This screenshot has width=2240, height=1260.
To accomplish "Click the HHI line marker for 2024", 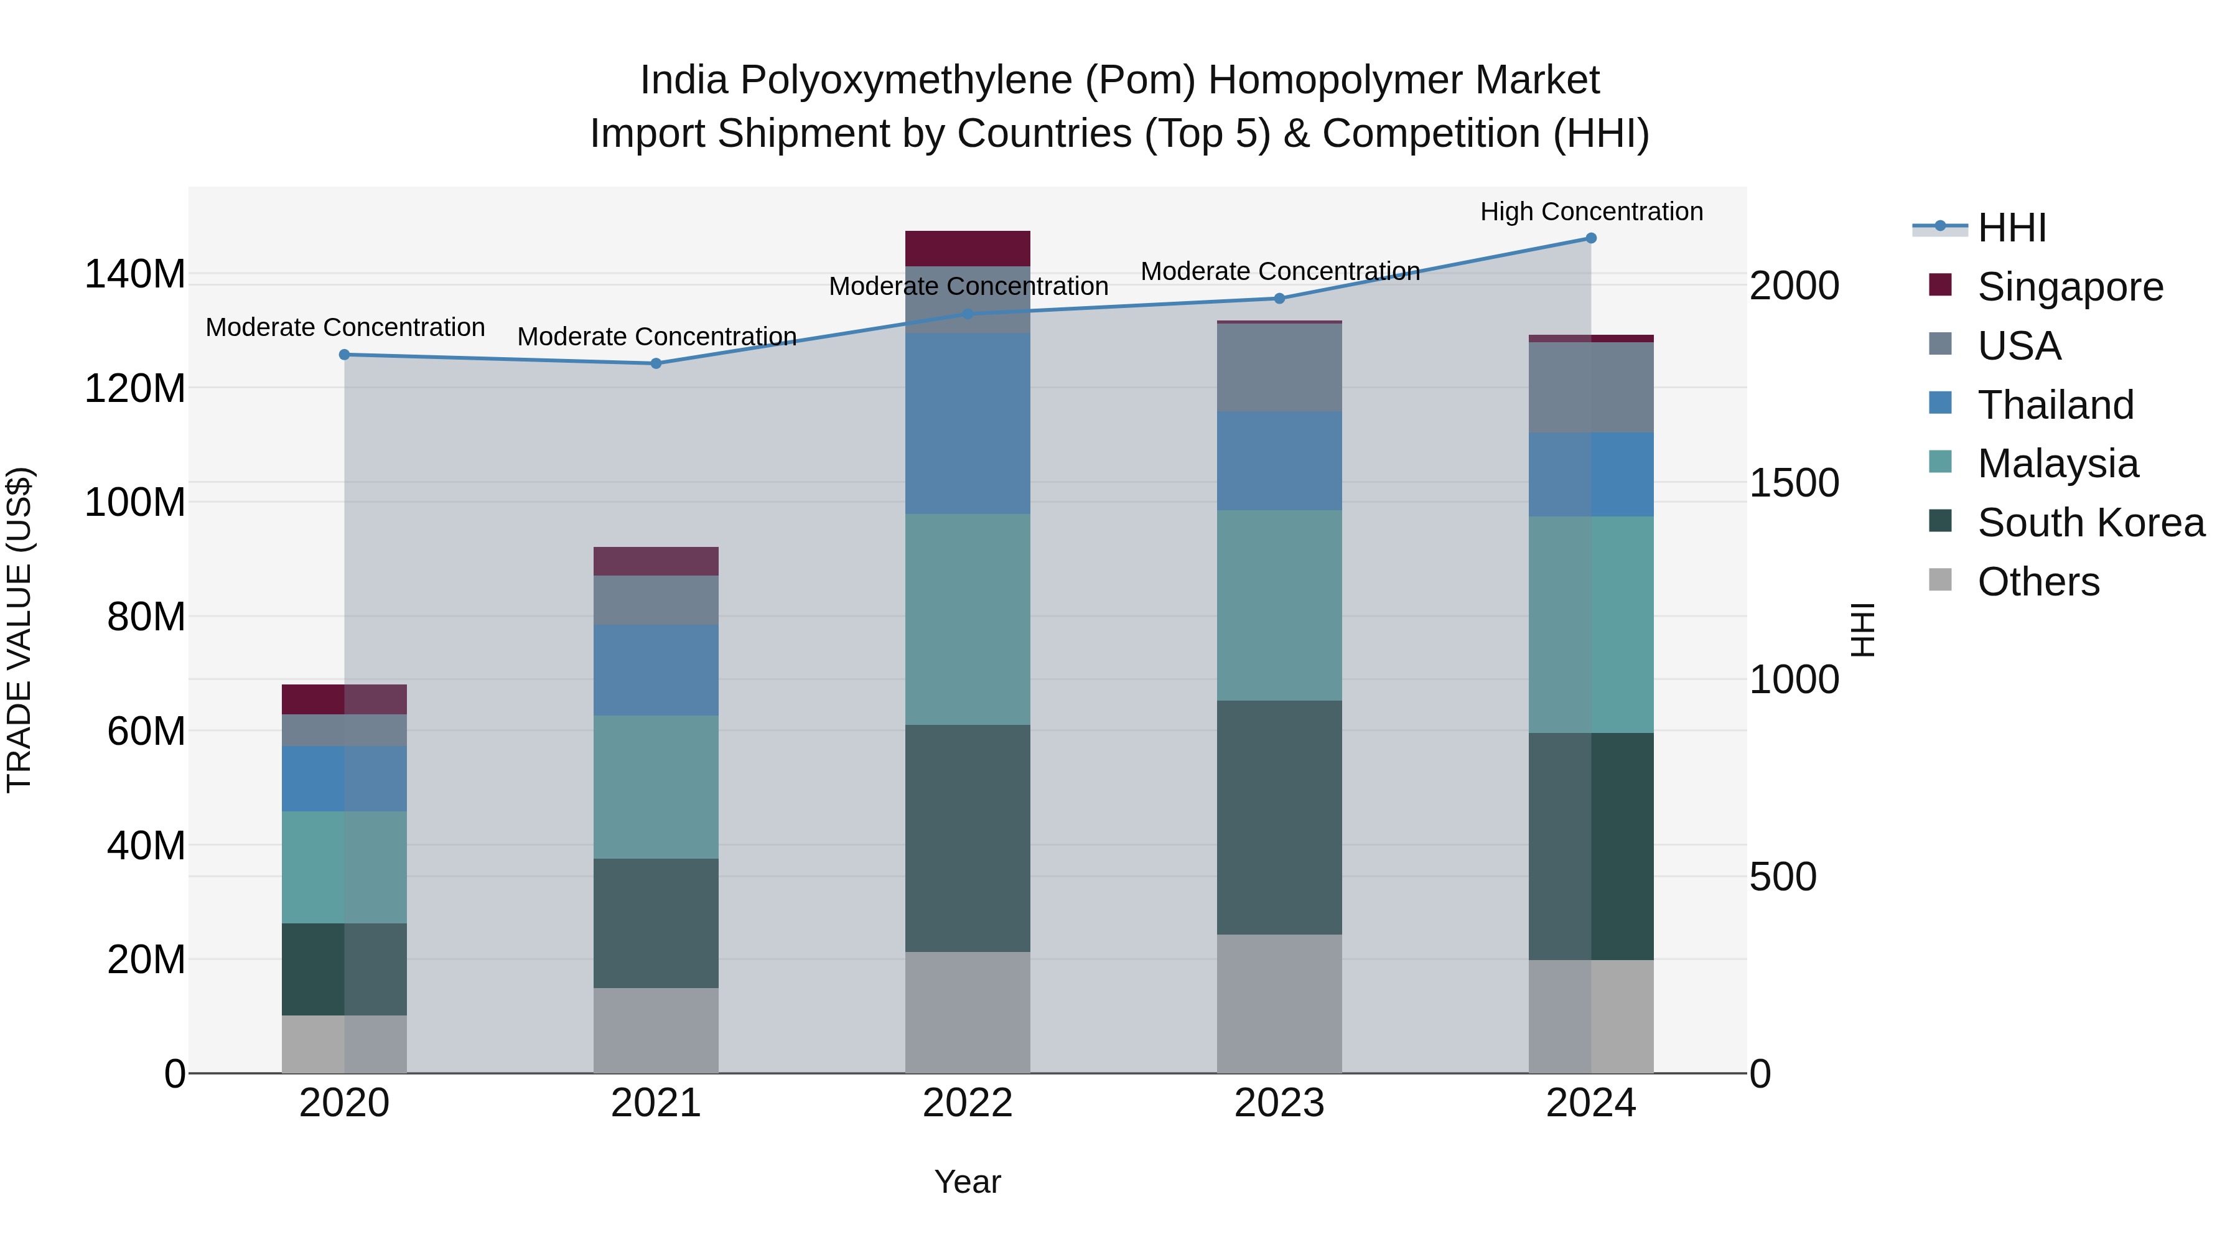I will (1590, 238).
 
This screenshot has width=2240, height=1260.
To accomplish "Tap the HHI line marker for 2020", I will (344, 355).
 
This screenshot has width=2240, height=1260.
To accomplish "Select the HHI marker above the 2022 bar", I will (968, 314).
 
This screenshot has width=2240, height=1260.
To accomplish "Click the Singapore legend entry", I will (2070, 287).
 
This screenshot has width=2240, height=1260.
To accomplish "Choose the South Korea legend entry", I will (2091, 523).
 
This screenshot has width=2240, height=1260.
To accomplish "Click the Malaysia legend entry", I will (2058, 464).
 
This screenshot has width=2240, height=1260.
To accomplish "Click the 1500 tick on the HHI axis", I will (1793, 483).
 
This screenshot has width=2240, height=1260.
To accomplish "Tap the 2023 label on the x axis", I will (1279, 1103).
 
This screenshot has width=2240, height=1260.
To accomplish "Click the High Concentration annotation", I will (1591, 212).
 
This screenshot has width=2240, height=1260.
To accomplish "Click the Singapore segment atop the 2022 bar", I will (968, 249).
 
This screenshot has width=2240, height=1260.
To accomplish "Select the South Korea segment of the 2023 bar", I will (1279, 818).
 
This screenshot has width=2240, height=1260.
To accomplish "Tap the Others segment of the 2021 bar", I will (656, 1030).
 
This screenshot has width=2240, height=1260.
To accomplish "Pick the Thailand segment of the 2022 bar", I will (968, 424).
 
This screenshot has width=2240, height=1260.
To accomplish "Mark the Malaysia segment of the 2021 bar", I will (656, 787).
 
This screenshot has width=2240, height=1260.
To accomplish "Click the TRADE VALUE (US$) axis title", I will (19, 630).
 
